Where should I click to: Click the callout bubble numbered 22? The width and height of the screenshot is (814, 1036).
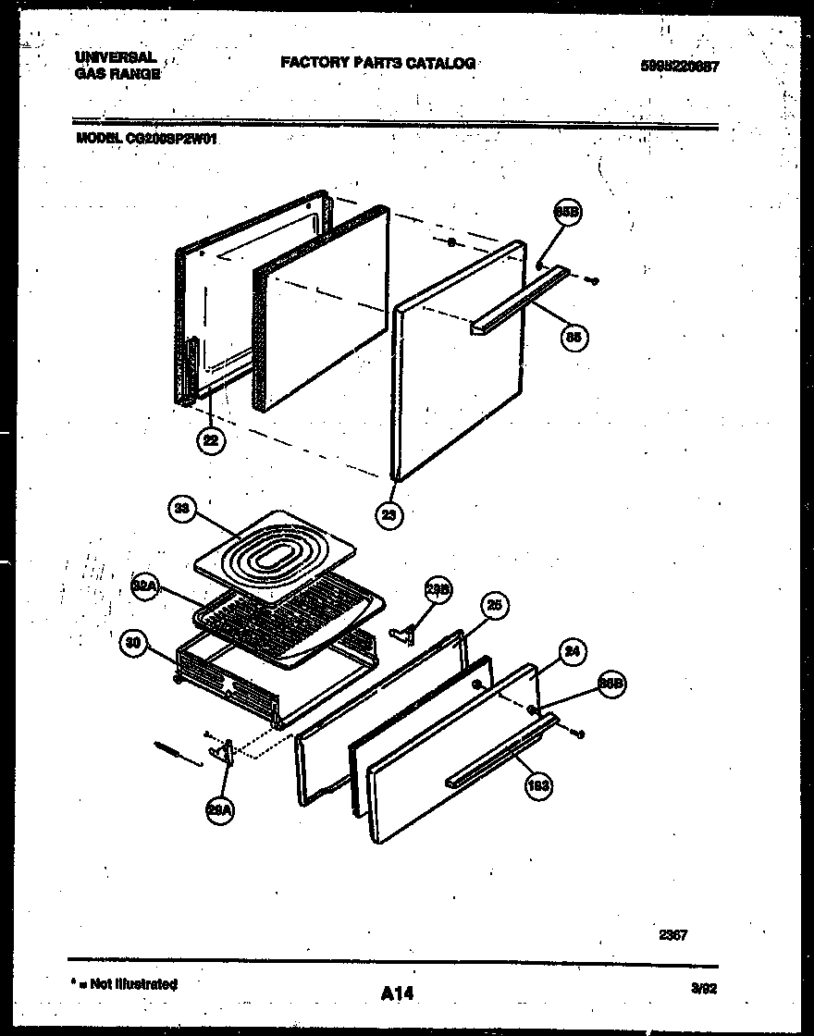pyautogui.click(x=211, y=441)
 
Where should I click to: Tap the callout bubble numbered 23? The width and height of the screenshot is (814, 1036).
pyautogui.click(x=391, y=514)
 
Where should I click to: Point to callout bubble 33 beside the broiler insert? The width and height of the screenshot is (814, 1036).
pyautogui.click(x=182, y=508)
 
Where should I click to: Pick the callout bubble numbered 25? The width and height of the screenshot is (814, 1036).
pyautogui.click(x=494, y=606)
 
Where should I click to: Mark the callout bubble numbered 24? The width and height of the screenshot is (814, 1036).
pyautogui.click(x=573, y=651)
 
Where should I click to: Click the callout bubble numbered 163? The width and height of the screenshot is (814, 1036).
pyautogui.click(x=538, y=786)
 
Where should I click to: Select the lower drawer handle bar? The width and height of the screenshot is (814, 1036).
pyautogui.click(x=499, y=750)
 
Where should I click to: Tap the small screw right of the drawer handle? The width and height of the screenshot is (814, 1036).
pyautogui.click(x=579, y=734)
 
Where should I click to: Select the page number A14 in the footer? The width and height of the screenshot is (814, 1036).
pyautogui.click(x=397, y=994)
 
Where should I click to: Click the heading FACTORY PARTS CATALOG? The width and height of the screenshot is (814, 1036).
pyautogui.click(x=377, y=63)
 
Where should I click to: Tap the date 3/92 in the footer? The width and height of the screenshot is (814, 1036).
pyautogui.click(x=704, y=988)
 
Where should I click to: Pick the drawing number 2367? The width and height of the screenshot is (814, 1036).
pyautogui.click(x=672, y=935)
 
